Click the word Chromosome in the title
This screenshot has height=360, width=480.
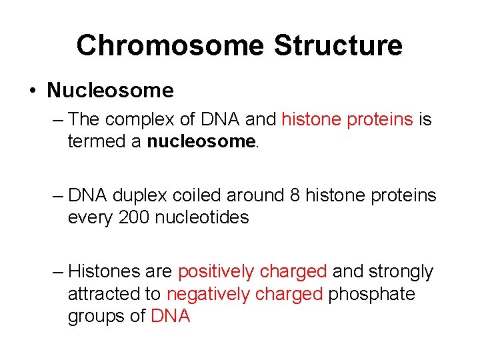[x=170, y=45]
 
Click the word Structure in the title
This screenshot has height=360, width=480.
[x=338, y=45]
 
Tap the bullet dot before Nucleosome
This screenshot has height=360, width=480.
[x=33, y=91]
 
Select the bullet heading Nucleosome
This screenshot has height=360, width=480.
[x=110, y=90]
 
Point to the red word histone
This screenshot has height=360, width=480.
[x=310, y=120]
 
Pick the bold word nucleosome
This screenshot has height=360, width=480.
[x=201, y=141]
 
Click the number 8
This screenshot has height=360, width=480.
[x=296, y=196]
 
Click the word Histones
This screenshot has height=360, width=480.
[x=107, y=272]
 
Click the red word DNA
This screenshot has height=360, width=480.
[x=171, y=316]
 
